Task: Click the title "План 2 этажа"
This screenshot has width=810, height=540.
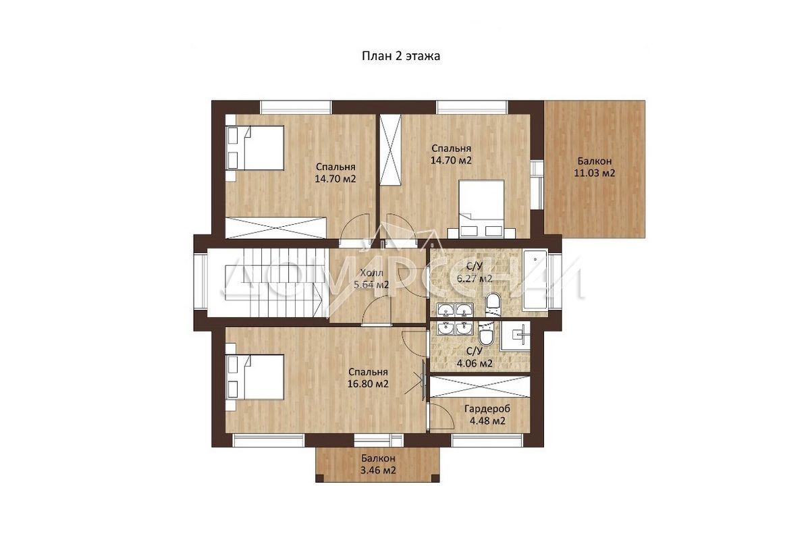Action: click(401, 56)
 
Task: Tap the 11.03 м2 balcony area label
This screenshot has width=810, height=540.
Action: click(595, 173)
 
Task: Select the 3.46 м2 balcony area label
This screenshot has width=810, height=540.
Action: click(378, 470)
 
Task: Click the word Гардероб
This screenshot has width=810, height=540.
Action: click(487, 409)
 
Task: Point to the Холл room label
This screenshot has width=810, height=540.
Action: click(371, 273)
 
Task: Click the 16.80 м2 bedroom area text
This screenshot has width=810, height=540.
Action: click(368, 384)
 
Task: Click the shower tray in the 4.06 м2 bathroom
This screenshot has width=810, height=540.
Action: click(515, 336)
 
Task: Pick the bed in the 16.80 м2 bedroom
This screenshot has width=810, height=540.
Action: click(254, 377)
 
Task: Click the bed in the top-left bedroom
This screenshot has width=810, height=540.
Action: click(254, 148)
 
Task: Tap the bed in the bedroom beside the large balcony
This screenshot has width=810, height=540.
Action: click(481, 209)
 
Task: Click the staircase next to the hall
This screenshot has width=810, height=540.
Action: click(269, 282)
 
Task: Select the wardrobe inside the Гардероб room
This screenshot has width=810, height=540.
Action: click(480, 387)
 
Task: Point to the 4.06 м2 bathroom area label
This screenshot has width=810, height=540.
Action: click(475, 363)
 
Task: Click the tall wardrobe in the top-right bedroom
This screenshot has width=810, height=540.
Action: click(390, 150)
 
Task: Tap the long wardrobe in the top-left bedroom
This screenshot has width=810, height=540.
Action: click(276, 227)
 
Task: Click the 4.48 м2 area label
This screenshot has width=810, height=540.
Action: click(487, 421)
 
